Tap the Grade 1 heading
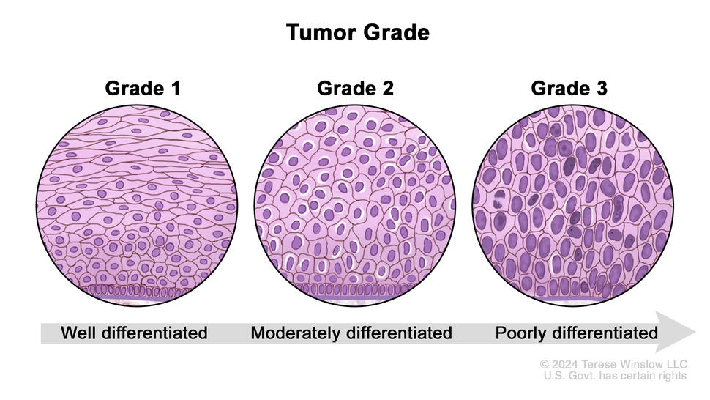(x=143, y=89)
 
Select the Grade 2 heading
(x=355, y=89)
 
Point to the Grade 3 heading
(x=569, y=89)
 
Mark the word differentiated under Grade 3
(x=605, y=333)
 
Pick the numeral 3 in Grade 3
(x=601, y=89)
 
